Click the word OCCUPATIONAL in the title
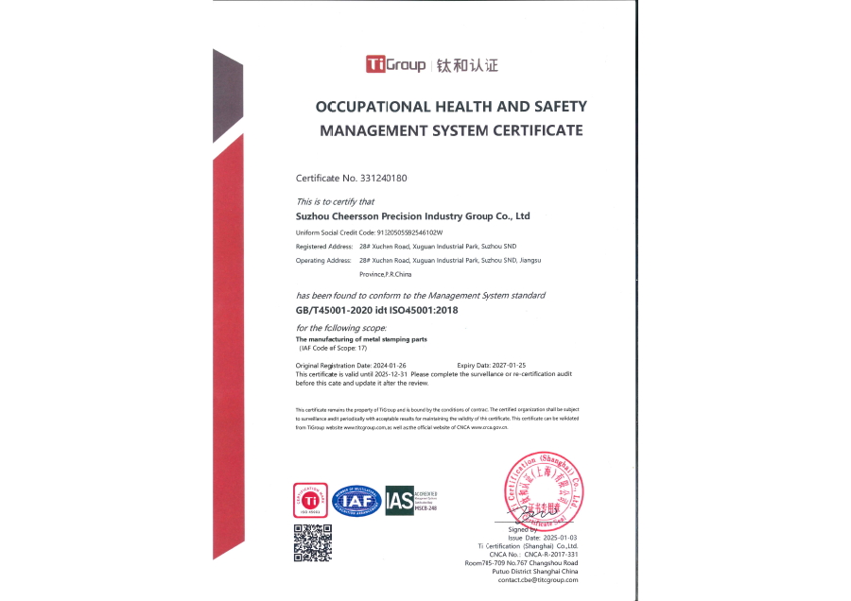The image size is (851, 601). (x=373, y=107)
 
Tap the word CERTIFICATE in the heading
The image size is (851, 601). (x=534, y=130)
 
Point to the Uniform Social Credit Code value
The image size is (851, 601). (x=410, y=232)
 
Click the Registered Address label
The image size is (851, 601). (x=323, y=247)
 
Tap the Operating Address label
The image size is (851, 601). (x=323, y=260)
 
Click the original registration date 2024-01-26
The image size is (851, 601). (x=390, y=364)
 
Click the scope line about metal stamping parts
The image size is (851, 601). (x=362, y=338)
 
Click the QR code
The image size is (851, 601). (x=312, y=541)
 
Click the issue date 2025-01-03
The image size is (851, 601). (x=559, y=538)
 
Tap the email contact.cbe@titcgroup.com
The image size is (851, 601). (x=537, y=579)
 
